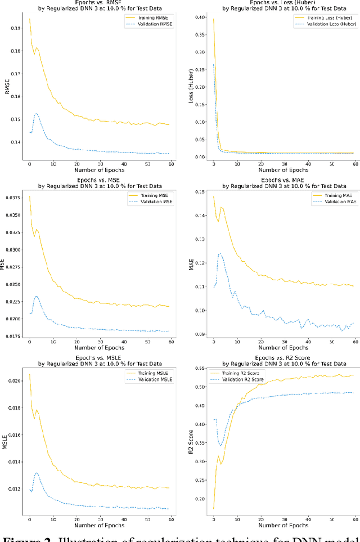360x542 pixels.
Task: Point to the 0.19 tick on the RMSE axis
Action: tap(17, 28)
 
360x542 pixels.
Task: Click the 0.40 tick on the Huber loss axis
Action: tap(200, 17)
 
